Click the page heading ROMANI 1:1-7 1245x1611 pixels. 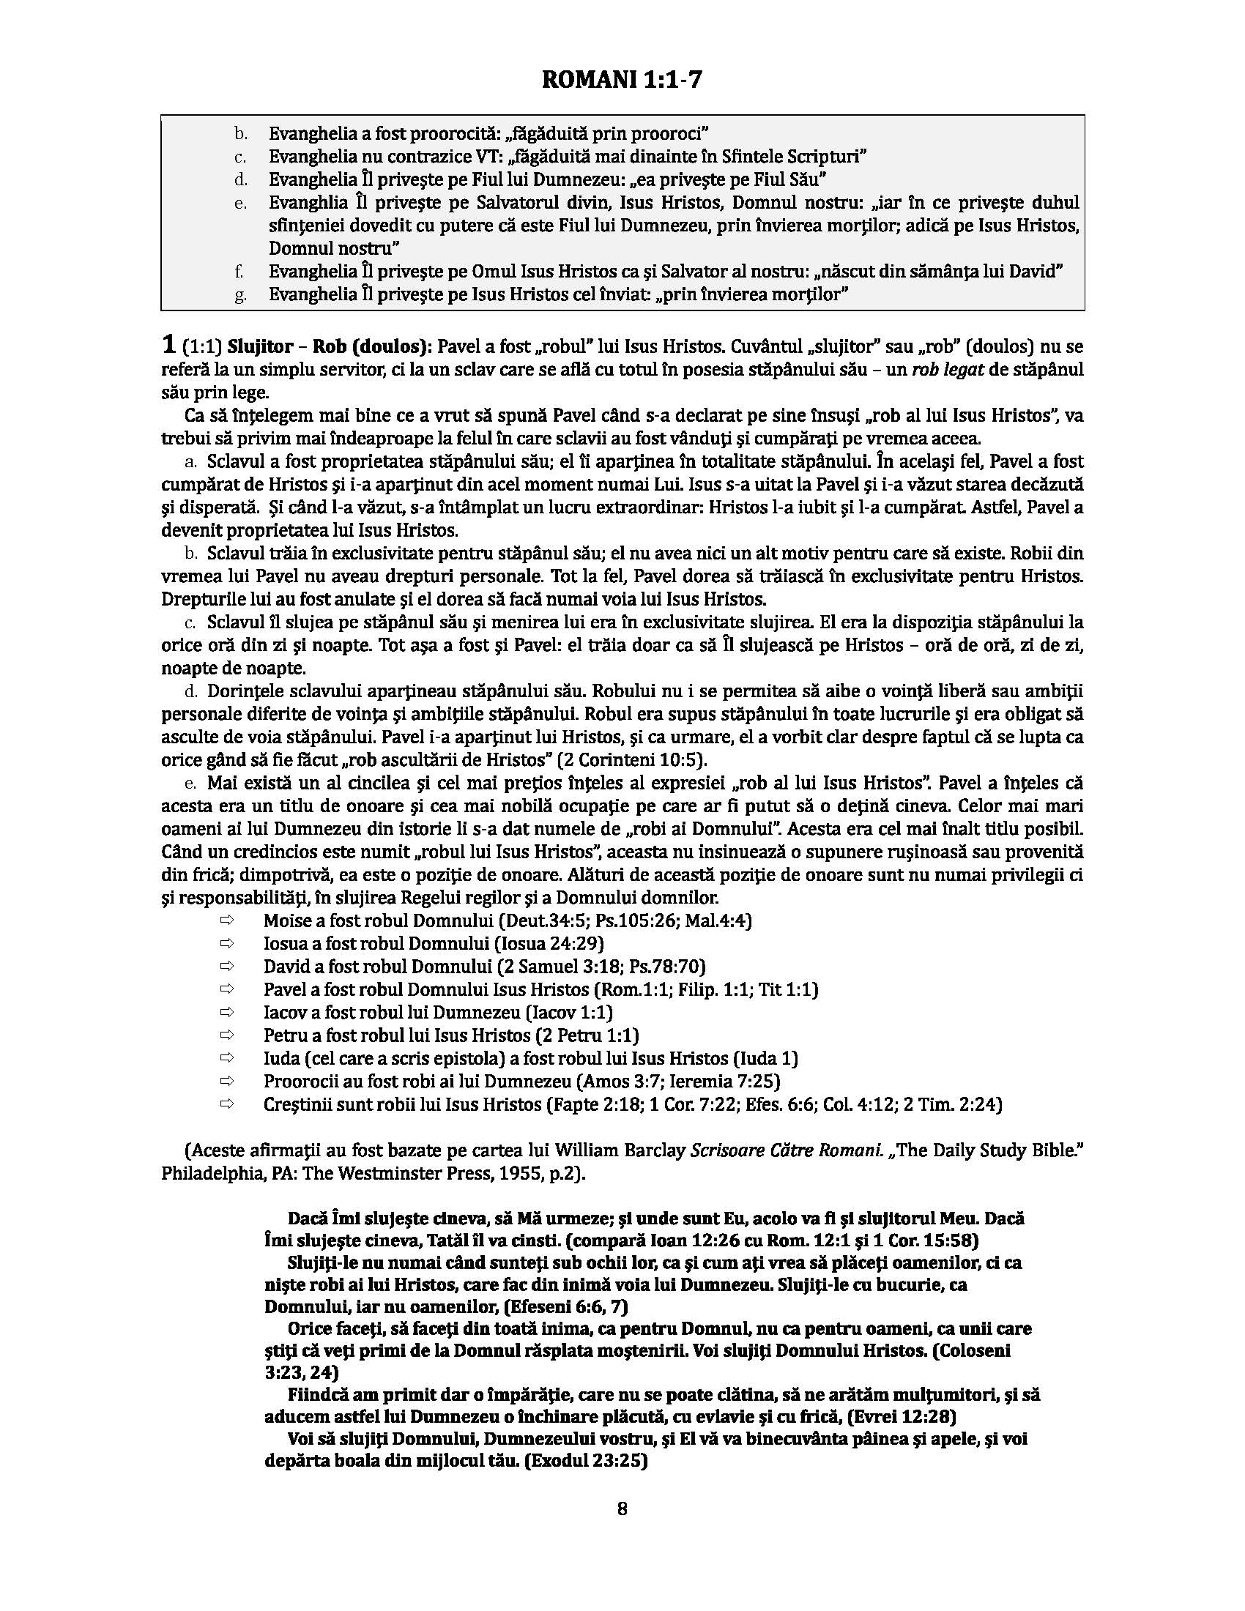pyautogui.click(x=622, y=79)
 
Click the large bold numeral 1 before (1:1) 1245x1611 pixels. pyautogui.click(x=169, y=345)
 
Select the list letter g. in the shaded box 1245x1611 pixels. pyautogui.click(x=240, y=295)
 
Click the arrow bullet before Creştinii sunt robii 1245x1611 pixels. pyautogui.click(x=226, y=1104)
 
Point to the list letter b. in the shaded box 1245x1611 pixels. pyautogui.click(x=240, y=133)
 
